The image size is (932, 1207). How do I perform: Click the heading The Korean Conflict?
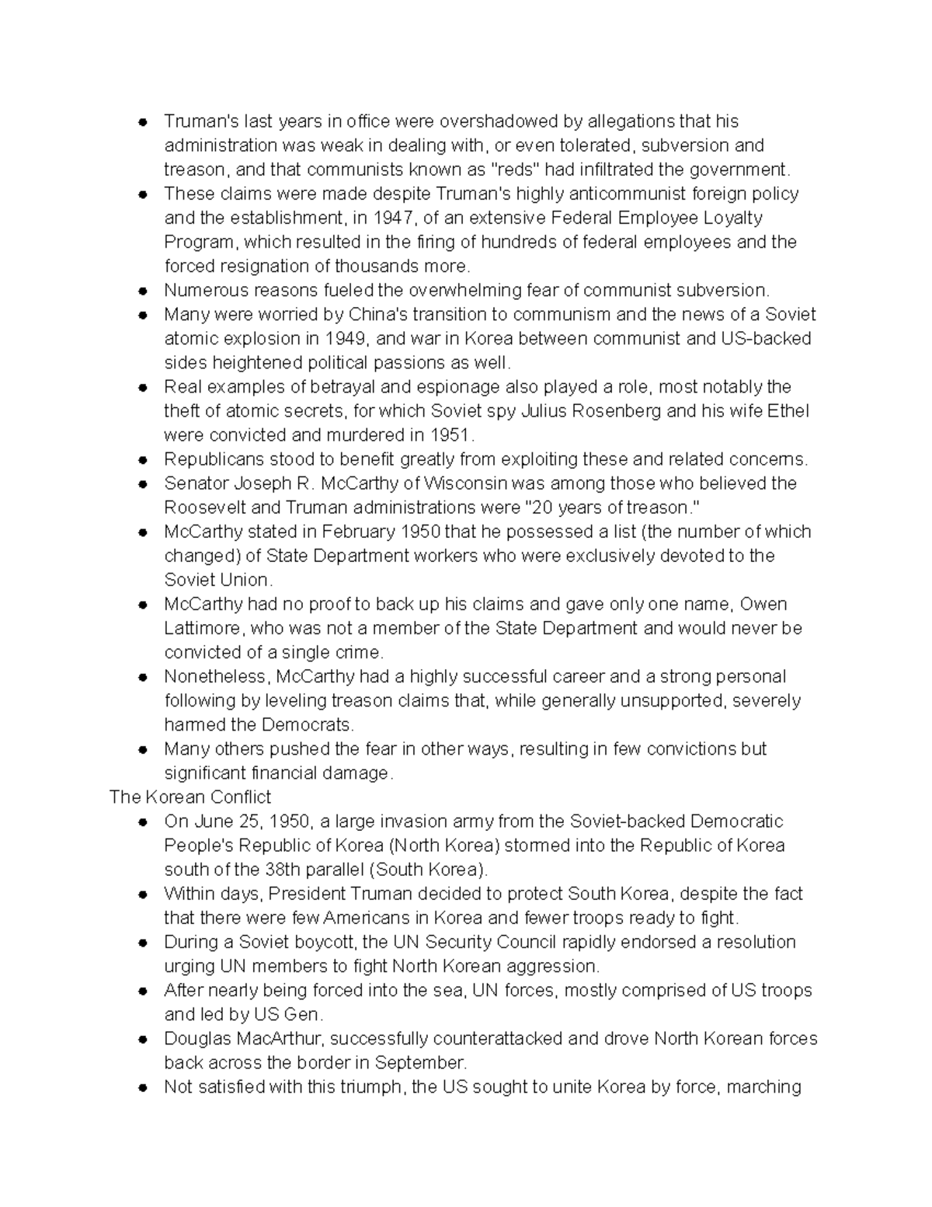click(190, 797)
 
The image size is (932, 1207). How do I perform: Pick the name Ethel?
click(788, 410)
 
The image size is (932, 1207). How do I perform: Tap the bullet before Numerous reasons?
click(142, 291)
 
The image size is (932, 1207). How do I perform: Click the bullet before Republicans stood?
click(142, 459)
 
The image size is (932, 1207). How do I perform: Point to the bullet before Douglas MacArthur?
click(142, 1039)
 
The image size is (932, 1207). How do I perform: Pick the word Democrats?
click(308, 724)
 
